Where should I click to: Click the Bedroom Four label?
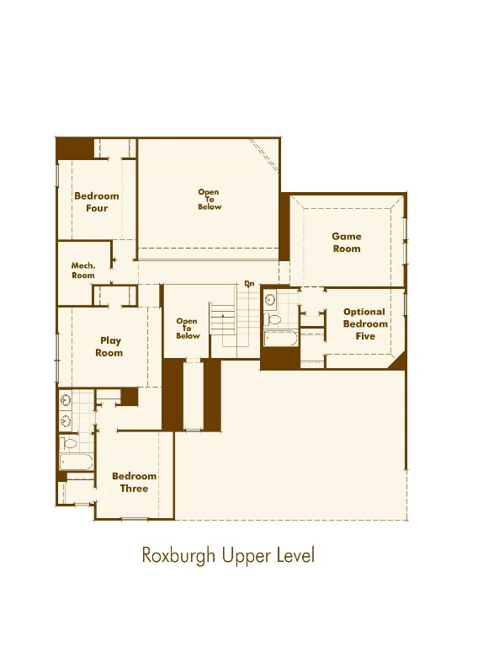click(97, 202)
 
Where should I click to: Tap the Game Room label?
click(347, 243)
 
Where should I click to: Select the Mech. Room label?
click(83, 270)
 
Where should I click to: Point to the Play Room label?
click(109, 346)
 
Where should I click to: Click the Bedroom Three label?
click(134, 482)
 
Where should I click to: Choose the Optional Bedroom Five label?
click(365, 323)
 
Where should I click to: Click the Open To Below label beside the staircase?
click(188, 328)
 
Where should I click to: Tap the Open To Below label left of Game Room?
click(210, 200)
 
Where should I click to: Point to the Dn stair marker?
click(249, 284)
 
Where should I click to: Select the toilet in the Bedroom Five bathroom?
click(273, 319)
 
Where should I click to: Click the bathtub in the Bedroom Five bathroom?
click(280, 338)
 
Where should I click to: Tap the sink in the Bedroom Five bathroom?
click(270, 299)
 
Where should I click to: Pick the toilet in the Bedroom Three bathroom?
click(69, 444)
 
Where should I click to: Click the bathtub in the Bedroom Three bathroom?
click(77, 463)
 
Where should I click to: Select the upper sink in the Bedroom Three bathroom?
click(66, 400)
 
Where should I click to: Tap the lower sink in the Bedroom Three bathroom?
click(66, 421)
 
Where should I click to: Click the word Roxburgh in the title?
click(178, 555)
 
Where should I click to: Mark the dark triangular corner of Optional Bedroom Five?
click(400, 363)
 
